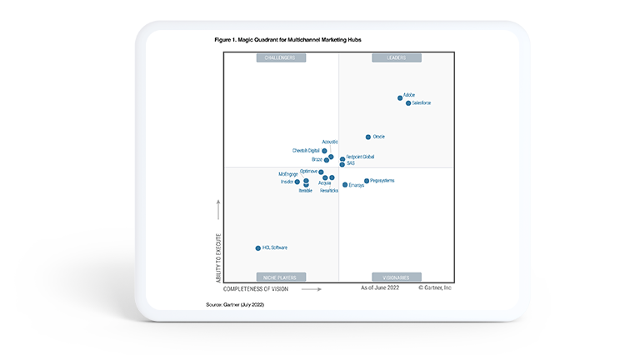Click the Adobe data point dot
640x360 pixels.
(400, 97)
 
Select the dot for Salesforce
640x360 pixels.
(408, 103)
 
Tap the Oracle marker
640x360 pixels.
(368, 137)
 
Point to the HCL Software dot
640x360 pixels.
(257, 248)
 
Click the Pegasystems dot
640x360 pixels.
(366, 181)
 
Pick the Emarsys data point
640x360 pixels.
(345, 185)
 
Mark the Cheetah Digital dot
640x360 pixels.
(324, 151)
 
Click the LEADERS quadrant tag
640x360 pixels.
(396, 58)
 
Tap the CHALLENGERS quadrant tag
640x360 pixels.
(281, 58)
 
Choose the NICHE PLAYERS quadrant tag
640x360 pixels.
(281, 277)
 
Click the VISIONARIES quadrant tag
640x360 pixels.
(396, 277)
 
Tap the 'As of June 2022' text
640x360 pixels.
(380, 287)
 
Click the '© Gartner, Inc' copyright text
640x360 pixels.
(434, 287)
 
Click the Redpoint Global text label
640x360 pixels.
(360, 157)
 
